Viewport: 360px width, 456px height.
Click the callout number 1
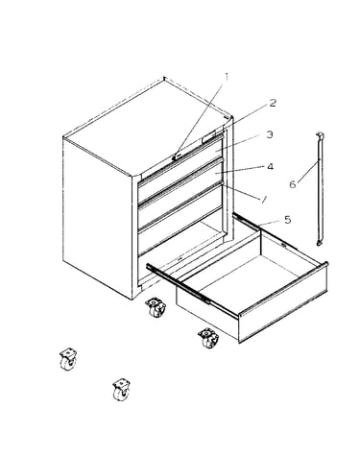227,77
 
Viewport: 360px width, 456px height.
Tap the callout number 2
273,103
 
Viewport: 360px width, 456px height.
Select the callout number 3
270,134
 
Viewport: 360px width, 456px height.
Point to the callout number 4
270,166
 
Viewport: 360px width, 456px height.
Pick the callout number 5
288,220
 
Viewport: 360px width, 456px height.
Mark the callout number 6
293,184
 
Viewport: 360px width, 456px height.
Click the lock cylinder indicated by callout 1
177,156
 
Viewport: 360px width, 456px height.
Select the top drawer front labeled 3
180,163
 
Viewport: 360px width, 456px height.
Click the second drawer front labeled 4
180,186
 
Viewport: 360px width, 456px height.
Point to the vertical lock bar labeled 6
320,189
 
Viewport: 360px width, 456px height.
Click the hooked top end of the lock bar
320,135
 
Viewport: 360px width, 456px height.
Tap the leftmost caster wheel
68,360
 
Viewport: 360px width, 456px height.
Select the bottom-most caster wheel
122,389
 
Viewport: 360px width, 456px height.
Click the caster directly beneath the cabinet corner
156,307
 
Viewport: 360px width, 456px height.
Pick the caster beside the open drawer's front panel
209,338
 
